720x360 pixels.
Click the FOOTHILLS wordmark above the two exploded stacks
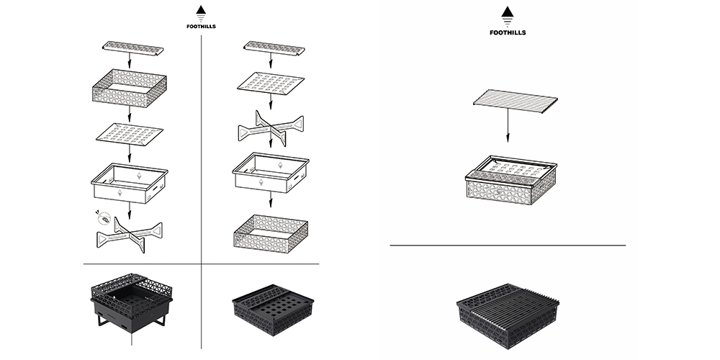(201, 27)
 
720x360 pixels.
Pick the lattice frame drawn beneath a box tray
(271, 232)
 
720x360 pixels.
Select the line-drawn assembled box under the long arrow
(510, 181)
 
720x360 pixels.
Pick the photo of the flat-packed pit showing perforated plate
(271, 307)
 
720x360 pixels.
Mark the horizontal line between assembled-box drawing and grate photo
(508, 246)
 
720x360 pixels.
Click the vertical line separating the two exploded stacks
(201, 144)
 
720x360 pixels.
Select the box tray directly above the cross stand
(130, 183)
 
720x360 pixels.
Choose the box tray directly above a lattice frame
(271, 174)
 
